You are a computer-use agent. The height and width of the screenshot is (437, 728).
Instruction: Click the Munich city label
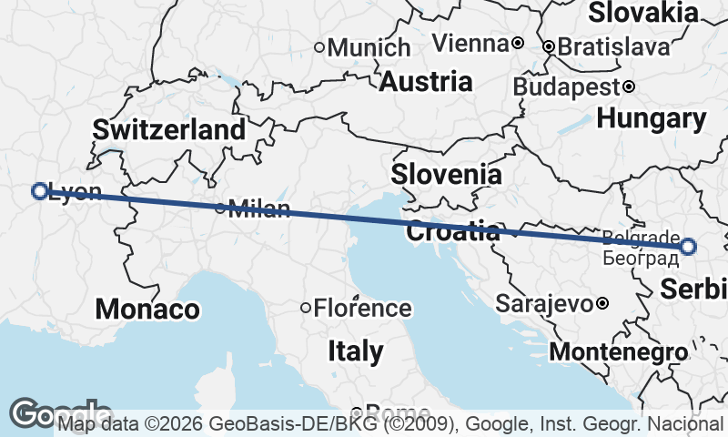coord(369,47)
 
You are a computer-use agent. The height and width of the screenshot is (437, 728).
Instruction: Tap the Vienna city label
coord(470,43)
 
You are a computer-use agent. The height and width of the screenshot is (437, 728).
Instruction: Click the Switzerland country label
coord(169,129)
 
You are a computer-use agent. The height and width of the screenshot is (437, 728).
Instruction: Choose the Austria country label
coord(426,82)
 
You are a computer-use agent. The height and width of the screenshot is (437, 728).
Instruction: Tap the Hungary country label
coord(652,118)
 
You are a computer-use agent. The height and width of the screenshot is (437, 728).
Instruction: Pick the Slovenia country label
coord(446,174)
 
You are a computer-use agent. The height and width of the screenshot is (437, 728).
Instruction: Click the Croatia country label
coord(452,231)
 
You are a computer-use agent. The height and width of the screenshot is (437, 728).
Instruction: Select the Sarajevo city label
coord(545,303)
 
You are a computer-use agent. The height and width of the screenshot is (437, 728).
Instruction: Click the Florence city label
coord(362,308)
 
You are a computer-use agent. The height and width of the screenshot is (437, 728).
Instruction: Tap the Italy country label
coord(355,351)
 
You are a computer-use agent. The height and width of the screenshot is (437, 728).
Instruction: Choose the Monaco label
coord(147,309)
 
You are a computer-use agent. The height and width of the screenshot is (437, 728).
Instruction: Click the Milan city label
coord(259,209)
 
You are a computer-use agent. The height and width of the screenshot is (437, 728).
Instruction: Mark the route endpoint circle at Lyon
coord(39,190)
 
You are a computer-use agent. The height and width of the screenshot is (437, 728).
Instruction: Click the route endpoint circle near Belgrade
coord(688,246)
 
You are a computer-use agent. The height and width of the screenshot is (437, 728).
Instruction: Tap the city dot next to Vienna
coord(517,43)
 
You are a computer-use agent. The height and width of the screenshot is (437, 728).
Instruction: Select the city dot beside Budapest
coord(629,87)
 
